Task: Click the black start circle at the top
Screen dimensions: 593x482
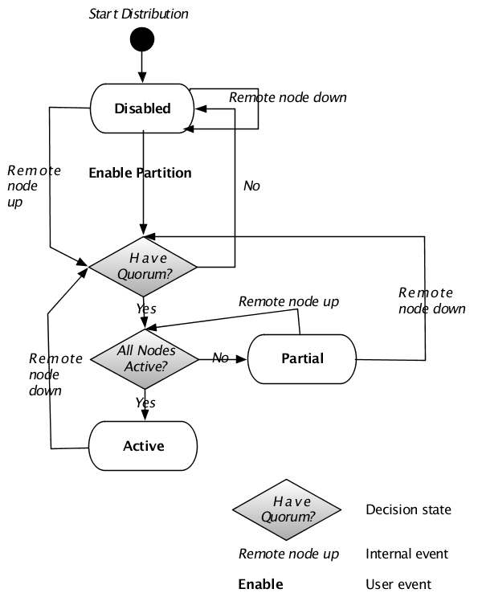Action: (143, 38)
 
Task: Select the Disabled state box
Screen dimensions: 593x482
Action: (143, 108)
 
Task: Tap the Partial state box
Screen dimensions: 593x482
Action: (303, 358)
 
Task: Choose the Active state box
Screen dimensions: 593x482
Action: (143, 446)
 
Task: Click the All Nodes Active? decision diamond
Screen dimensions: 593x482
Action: (145, 358)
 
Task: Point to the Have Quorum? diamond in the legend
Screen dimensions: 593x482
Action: (287, 509)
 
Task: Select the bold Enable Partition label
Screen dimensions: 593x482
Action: (140, 172)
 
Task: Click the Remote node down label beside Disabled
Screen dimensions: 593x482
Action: (288, 97)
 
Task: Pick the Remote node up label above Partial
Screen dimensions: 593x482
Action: (288, 301)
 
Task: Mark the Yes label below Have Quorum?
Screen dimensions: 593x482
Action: (145, 309)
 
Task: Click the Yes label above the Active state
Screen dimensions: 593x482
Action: (145, 402)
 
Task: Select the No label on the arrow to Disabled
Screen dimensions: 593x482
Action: (251, 186)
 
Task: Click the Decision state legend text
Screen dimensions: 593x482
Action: (408, 509)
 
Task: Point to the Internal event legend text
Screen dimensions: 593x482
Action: (406, 554)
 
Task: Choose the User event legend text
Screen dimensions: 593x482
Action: (398, 584)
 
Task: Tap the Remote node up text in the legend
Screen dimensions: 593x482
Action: (288, 554)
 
